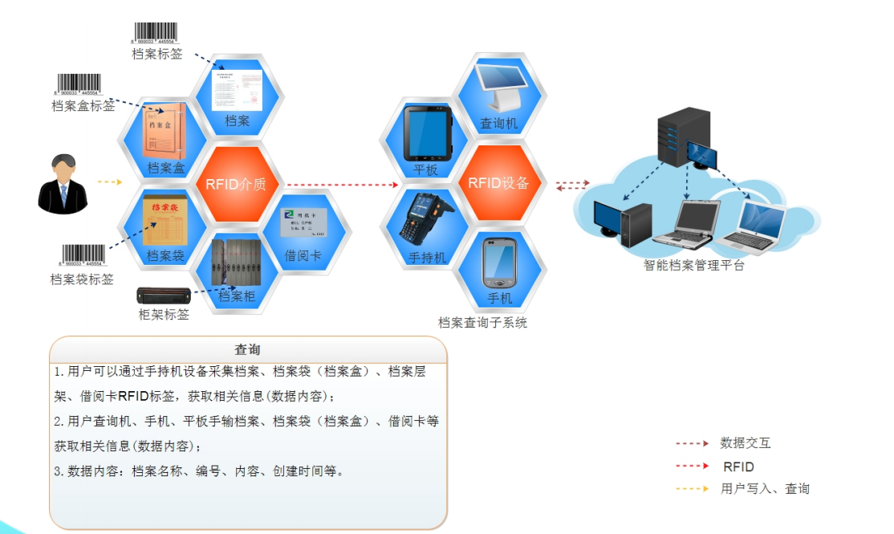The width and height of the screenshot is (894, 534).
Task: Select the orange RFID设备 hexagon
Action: [x=498, y=183]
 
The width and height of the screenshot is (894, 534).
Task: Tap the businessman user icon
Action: [x=63, y=185]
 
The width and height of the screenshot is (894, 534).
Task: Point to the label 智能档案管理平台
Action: [x=694, y=265]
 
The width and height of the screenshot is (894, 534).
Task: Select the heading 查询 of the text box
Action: [x=247, y=350]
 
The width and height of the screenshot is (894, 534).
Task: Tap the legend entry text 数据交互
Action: [x=746, y=442]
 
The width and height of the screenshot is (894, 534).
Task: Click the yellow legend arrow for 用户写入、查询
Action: [x=692, y=488]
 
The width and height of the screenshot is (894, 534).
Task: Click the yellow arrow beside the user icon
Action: [x=109, y=182]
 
